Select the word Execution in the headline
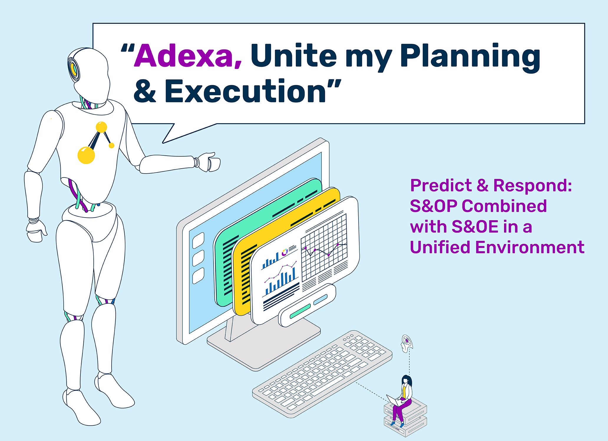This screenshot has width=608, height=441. [245, 91]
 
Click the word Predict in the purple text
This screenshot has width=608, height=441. [441, 185]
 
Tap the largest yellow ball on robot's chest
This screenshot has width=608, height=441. [86, 155]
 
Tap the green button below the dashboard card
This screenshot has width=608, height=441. [300, 312]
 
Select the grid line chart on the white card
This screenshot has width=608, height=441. [324, 247]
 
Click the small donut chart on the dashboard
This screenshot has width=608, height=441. [285, 252]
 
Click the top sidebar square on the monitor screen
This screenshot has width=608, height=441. [198, 241]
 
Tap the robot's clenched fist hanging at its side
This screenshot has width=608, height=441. [36, 232]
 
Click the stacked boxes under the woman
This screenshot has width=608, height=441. [405, 417]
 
